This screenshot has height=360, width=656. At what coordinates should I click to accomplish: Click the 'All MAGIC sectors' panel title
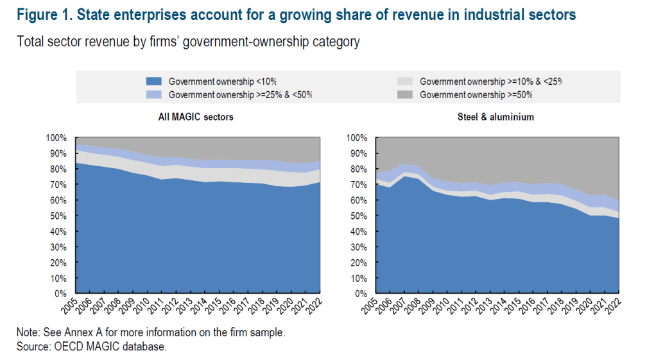click(196, 117)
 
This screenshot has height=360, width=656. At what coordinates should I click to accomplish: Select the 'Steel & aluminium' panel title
click(496, 117)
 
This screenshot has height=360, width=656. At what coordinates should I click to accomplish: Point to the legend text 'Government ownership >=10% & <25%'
click(490, 81)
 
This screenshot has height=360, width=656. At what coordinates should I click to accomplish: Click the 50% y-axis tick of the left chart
click(56, 216)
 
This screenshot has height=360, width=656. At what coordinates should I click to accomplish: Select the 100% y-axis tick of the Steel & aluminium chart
click(356, 138)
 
